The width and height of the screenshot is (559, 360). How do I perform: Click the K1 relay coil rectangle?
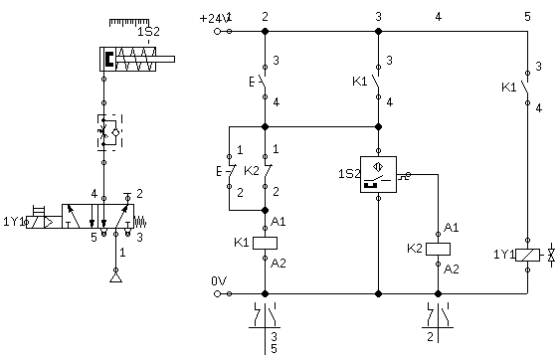265,243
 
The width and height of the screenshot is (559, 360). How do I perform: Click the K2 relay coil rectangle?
438,249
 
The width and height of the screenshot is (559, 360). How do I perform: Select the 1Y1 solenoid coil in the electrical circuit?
527,255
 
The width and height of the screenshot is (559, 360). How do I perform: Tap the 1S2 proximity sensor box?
379,175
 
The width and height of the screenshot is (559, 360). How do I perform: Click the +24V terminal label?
214,18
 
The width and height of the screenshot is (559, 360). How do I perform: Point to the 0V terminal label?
219,281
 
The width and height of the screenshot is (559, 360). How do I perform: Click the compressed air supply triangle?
115,277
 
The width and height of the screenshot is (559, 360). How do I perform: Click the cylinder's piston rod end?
174,59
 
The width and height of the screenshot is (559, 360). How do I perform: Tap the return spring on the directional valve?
140,222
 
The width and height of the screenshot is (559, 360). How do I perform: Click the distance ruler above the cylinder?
129,23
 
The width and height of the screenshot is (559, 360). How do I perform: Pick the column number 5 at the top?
527,16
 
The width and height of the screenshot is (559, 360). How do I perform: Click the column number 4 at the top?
439,16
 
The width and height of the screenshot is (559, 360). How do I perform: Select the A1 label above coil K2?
452,228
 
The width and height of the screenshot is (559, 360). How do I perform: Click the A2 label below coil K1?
279,264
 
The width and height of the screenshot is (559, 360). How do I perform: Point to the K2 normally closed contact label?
252,171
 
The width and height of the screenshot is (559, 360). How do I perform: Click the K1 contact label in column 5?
509,88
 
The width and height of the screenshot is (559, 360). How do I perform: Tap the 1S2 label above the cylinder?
148,32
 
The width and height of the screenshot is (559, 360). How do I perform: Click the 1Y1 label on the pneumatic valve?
14,222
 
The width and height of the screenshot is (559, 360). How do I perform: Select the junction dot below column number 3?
379,32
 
